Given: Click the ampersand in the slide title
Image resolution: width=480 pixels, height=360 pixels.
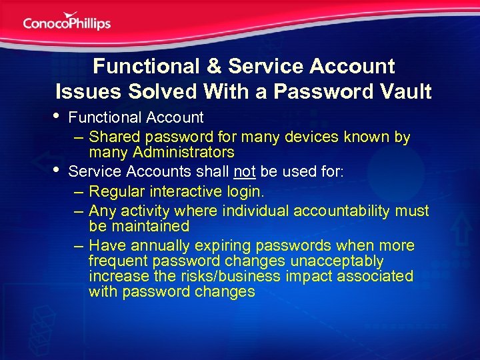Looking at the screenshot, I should (x=212, y=67).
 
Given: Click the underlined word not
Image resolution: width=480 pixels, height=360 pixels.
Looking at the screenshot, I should (x=245, y=172).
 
